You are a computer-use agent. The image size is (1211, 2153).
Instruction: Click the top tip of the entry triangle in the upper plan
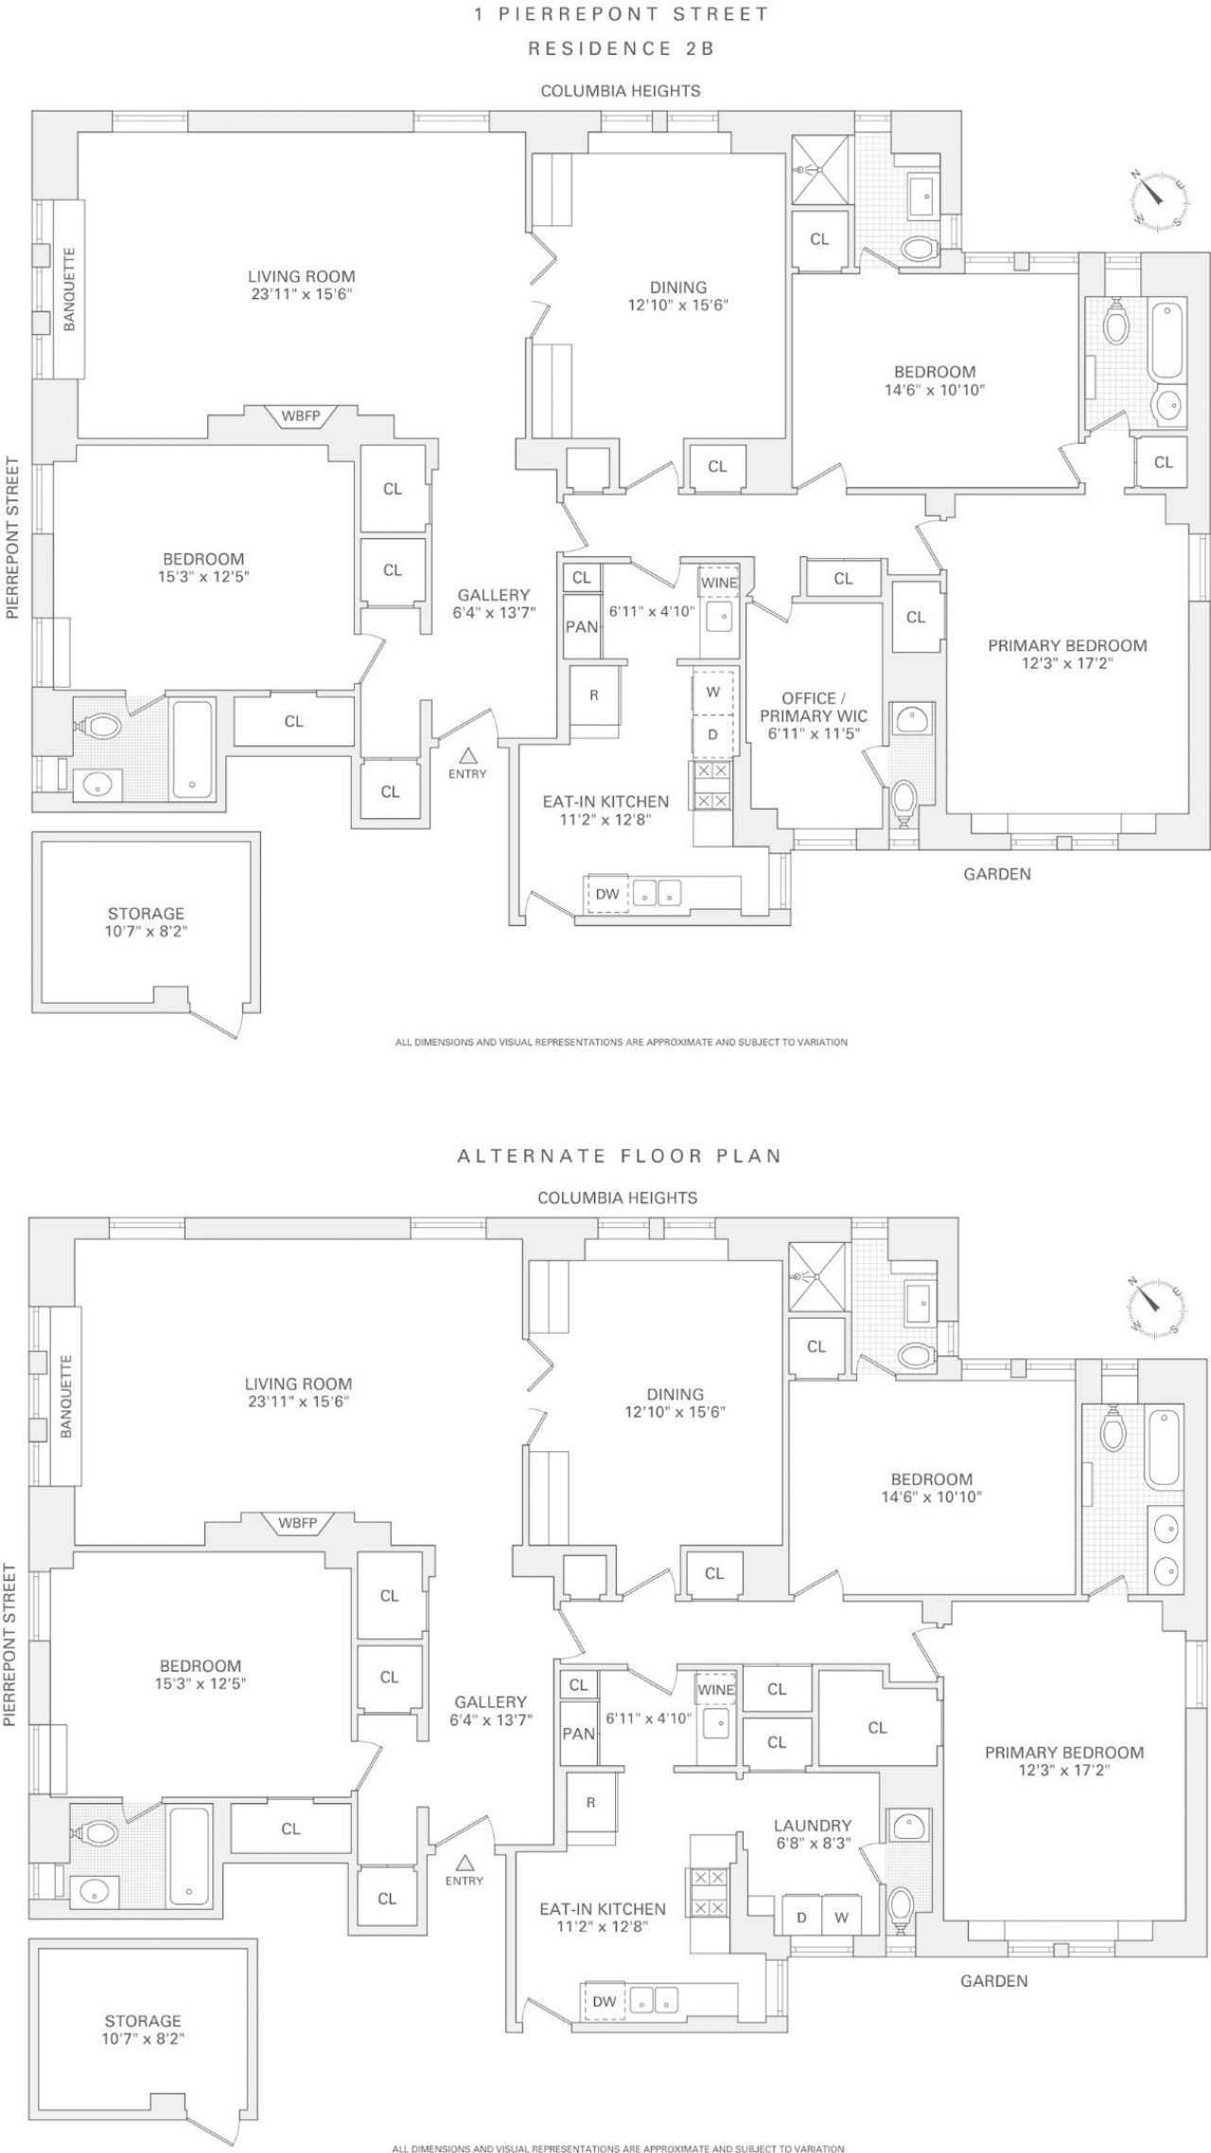tap(467, 749)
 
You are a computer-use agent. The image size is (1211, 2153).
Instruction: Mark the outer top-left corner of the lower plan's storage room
tap(28, 1938)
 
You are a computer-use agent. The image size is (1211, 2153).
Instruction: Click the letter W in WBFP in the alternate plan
tap(285, 1523)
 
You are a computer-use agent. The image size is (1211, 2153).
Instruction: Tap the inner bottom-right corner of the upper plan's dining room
tap(784, 437)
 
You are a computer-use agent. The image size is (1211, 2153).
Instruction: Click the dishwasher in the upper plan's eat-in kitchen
tap(606, 894)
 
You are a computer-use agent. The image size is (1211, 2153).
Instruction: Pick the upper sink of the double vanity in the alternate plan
tap(1167, 1529)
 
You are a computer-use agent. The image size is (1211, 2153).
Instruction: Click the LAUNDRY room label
tap(813, 1825)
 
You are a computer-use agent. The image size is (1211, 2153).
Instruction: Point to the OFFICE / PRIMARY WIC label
tap(814, 707)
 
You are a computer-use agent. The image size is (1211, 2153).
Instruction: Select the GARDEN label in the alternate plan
tap(994, 1980)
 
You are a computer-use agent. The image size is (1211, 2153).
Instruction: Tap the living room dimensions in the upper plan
tap(302, 293)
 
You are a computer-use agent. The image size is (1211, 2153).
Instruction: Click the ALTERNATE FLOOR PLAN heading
tap(620, 1155)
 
